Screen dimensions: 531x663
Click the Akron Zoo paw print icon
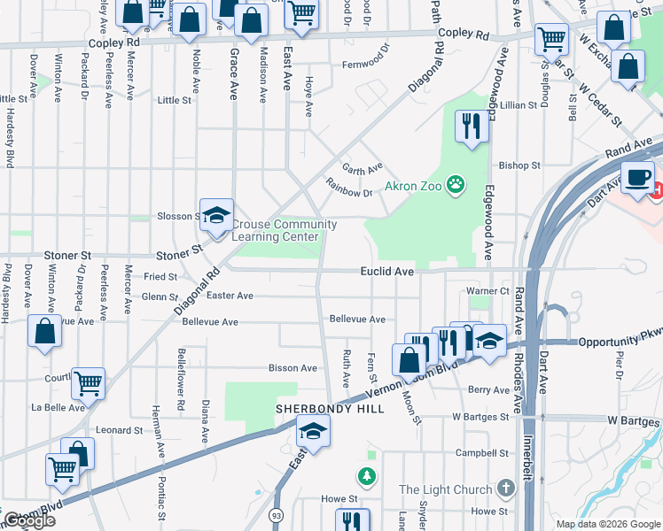[456, 184]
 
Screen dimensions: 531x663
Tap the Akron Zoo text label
[413, 186]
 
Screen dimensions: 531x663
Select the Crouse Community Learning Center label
[284, 230]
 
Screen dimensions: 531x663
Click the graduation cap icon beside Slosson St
[215, 215]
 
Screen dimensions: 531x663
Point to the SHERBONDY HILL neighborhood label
[329, 409]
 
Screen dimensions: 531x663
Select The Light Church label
[445, 489]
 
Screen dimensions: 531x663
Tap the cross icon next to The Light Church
[505, 489]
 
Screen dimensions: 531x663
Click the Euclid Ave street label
[387, 273]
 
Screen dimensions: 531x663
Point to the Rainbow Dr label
[349, 191]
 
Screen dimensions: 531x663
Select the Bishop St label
[519, 165]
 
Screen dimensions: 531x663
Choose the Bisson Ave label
[292, 368]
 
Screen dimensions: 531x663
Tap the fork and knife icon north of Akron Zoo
[471, 126]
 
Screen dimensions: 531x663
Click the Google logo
[28, 521]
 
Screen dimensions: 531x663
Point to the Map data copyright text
[607, 524]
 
